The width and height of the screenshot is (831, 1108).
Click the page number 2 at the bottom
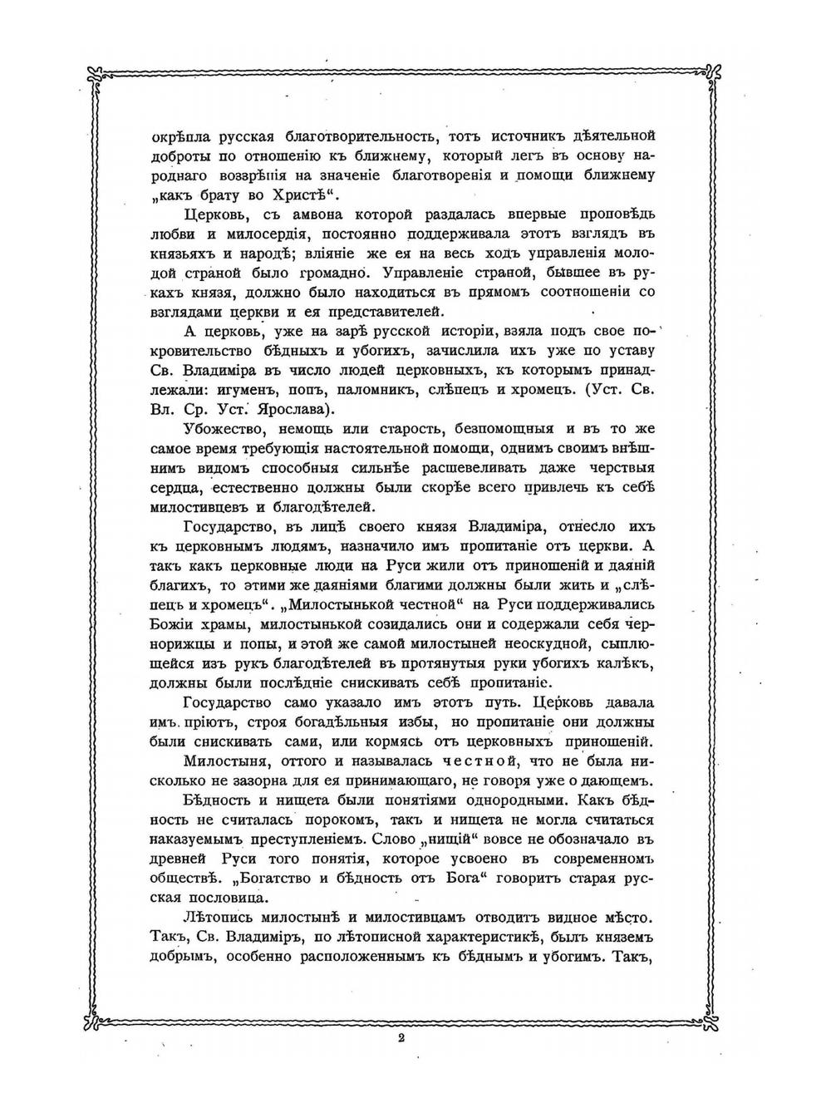click(401, 1037)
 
